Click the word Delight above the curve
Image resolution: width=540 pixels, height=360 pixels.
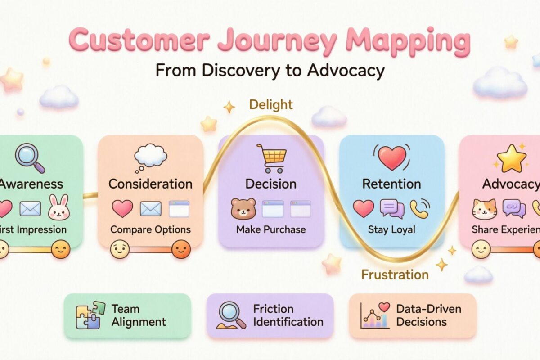(x=271, y=105)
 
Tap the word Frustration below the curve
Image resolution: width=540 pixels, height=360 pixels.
(x=395, y=274)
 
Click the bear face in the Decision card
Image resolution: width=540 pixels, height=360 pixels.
(x=243, y=208)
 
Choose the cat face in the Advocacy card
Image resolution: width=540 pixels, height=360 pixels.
(x=484, y=208)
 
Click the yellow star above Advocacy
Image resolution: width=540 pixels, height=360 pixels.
(x=511, y=159)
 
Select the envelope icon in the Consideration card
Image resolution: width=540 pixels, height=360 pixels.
(x=150, y=208)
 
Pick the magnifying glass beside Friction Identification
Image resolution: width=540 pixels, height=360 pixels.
(x=231, y=315)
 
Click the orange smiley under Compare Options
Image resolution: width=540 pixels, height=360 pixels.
(x=181, y=249)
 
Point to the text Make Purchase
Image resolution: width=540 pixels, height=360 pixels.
(x=271, y=229)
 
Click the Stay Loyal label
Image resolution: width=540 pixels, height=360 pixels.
(x=391, y=229)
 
